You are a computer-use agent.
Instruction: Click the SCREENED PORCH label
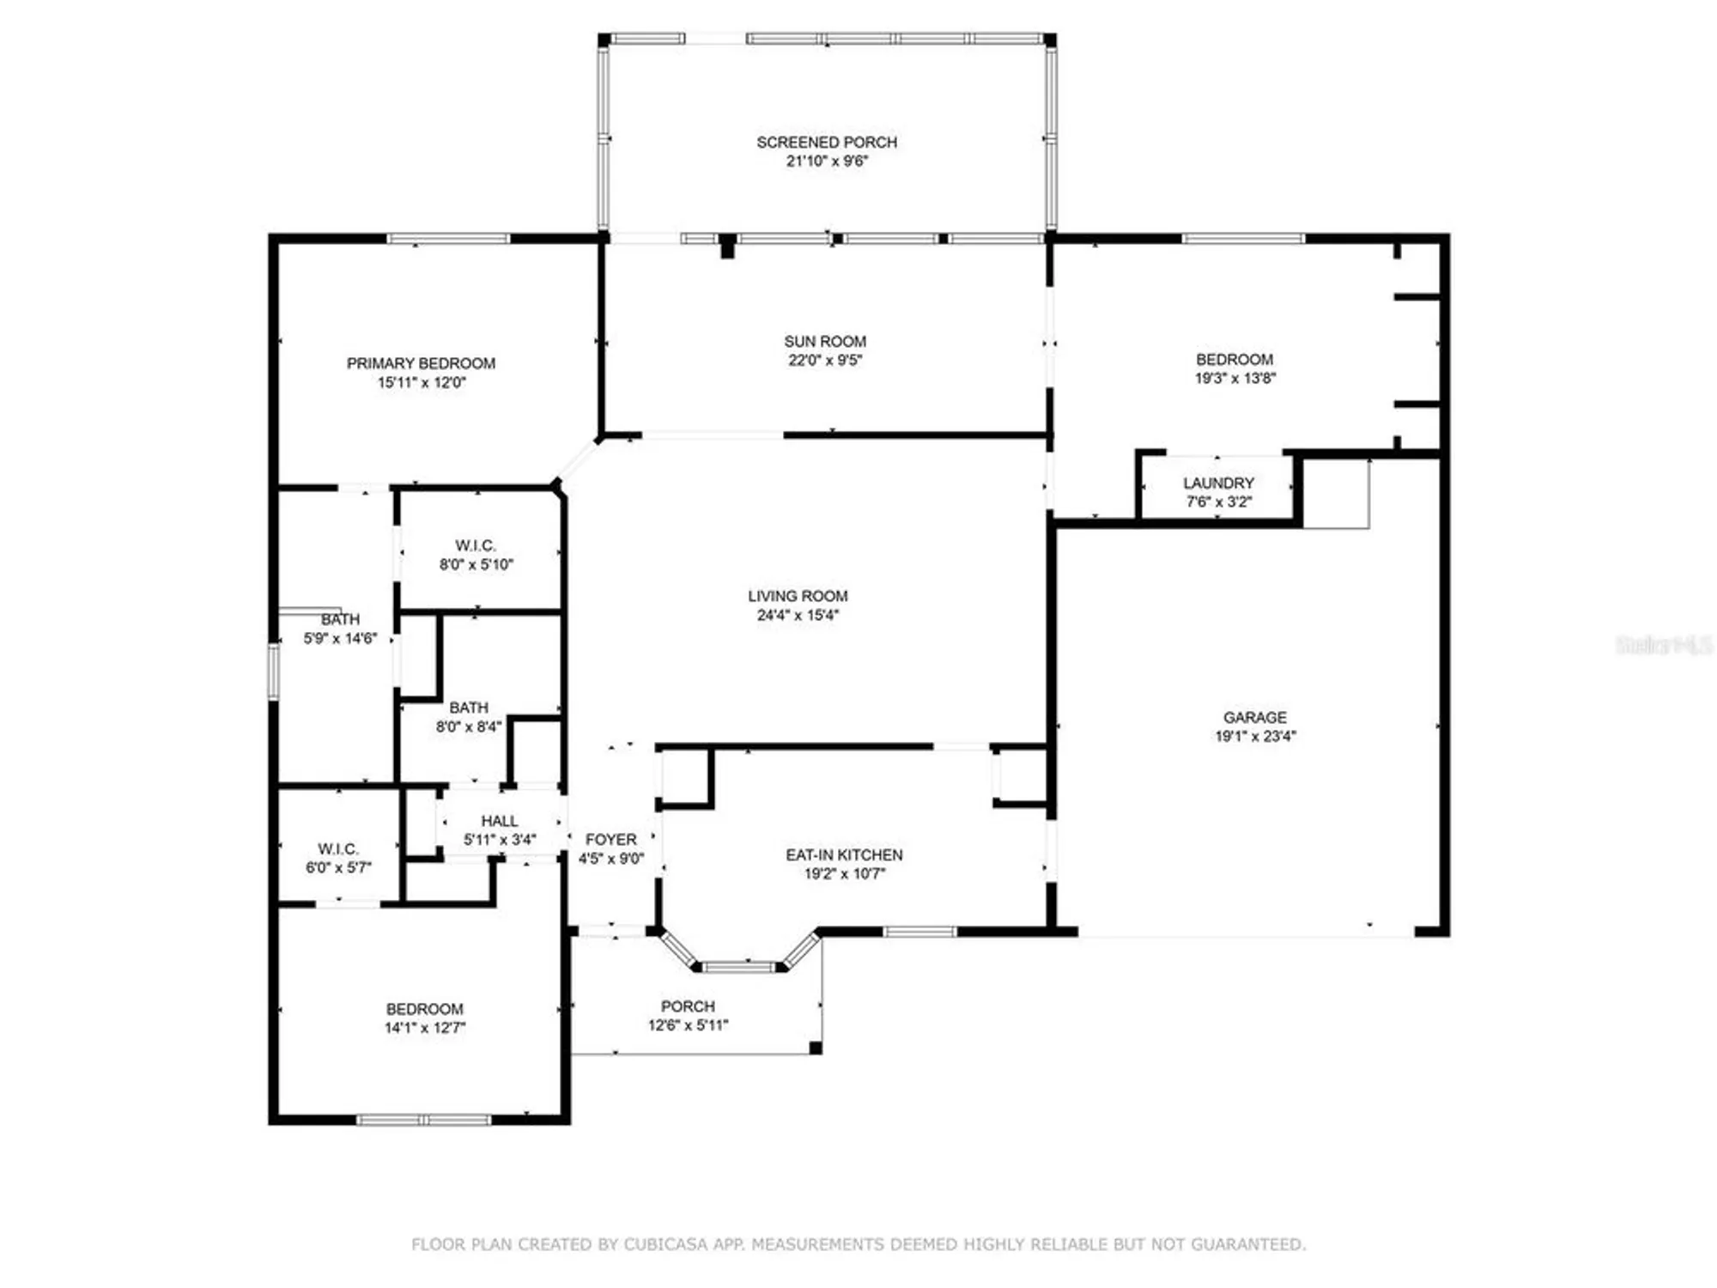pos(826,142)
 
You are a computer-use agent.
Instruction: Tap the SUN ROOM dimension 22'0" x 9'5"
pos(824,361)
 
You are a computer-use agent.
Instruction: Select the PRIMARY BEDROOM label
pos(421,363)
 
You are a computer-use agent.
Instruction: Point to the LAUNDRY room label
pos(1218,483)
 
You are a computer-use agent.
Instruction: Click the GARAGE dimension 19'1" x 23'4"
pos(1255,736)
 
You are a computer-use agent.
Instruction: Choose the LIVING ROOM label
pos(798,596)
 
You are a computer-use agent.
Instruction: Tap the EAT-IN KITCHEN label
pos(844,855)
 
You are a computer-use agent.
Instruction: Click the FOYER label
pos(610,840)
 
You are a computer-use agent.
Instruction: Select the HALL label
pos(499,822)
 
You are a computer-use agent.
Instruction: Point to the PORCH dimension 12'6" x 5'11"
pos(688,1025)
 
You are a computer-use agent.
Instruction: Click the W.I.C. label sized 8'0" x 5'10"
pos(475,546)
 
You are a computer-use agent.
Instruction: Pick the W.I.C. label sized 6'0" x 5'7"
pos(337,849)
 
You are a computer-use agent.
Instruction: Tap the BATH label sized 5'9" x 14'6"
pos(340,620)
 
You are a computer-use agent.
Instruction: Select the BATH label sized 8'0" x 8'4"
pos(468,708)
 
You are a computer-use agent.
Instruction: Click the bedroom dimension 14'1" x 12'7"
pos(424,1028)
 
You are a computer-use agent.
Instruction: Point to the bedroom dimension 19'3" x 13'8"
pos(1235,379)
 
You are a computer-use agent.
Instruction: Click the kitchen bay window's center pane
pos(738,968)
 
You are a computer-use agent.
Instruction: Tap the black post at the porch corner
pos(816,1048)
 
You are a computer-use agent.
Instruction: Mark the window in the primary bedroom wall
pos(448,239)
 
